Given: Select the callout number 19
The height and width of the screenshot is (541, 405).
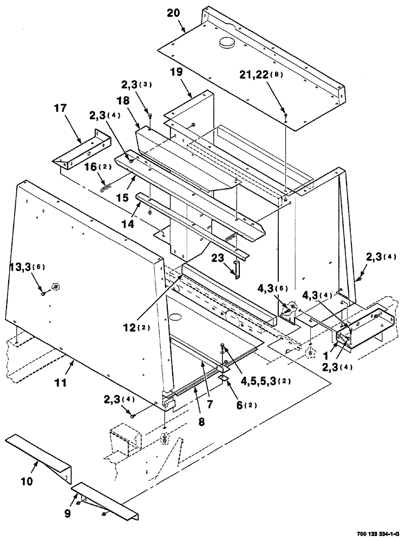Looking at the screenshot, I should pyautogui.click(x=176, y=72).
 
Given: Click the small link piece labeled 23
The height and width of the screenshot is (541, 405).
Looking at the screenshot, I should pyautogui.click(x=237, y=268).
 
